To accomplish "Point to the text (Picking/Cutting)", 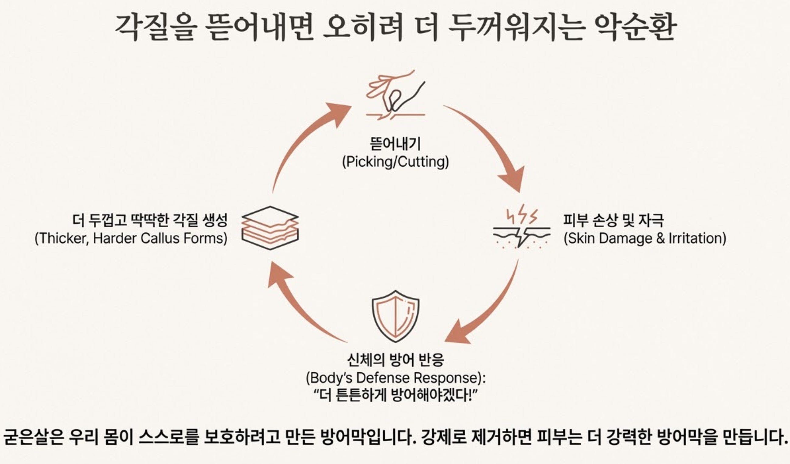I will click(395, 162).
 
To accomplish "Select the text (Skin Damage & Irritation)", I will click(645, 238).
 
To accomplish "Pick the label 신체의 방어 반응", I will click(395, 360).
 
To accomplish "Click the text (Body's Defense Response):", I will click(395, 378).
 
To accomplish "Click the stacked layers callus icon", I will click(270, 228).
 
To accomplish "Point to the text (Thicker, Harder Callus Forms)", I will click(131, 238).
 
